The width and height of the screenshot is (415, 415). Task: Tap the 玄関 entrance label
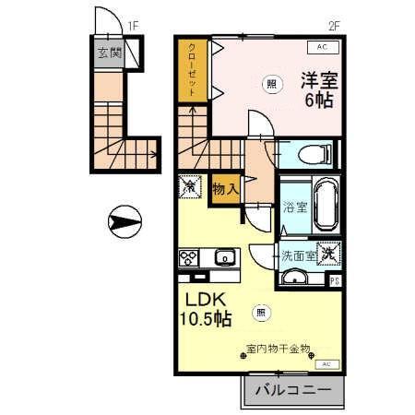[109, 53]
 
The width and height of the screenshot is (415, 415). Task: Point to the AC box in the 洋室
[323, 46]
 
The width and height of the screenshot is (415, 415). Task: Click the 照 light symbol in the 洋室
[271, 84]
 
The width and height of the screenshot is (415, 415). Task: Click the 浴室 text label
[294, 207]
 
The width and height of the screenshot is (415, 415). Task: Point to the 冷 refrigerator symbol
[190, 186]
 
